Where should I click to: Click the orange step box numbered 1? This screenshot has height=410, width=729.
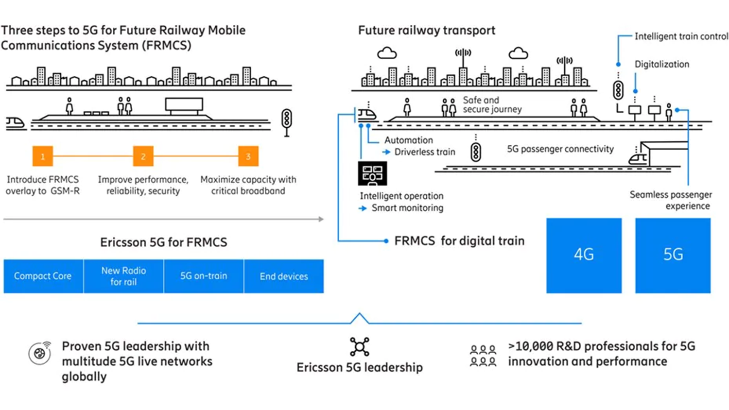pyautogui.click(x=43, y=156)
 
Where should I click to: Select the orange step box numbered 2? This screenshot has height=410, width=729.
pyautogui.click(x=143, y=156)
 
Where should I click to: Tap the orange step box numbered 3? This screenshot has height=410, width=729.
pyautogui.click(x=248, y=156)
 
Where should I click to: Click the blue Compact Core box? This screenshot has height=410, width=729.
pyautogui.click(x=43, y=276)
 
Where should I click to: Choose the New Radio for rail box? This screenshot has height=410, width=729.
pyautogui.click(x=123, y=276)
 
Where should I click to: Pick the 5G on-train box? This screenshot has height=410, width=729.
pyautogui.click(x=204, y=276)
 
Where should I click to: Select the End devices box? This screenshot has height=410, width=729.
pyautogui.click(x=284, y=276)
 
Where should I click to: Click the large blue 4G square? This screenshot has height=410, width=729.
pyautogui.click(x=584, y=255)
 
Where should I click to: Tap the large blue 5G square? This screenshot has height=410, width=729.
pyautogui.click(x=673, y=255)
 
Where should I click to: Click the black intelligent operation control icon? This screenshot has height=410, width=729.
pyautogui.click(x=372, y=173)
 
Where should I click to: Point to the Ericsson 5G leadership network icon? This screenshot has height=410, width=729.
pyautogui.click(x=360, y=347)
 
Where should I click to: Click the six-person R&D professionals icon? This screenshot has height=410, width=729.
pyautogui.click(x=483, y=356)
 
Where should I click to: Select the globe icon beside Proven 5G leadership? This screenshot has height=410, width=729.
pyautogui.click(x=40, y=353)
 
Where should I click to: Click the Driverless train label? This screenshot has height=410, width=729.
pyautogui.click(x=424, y=152)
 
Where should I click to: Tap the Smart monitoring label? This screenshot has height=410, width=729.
pyautogui.click(x=407, y=208)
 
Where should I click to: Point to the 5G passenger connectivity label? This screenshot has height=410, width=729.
pyautogui.click(x=560, y=149)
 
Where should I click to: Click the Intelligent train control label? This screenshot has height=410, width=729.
pyautogui.click(x=681, y=36)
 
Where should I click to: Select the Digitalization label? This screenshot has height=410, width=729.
pyautogui.click(x=661, y=64)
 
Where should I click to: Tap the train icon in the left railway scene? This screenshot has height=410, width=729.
pyautogui.click(x=16, y=123)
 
